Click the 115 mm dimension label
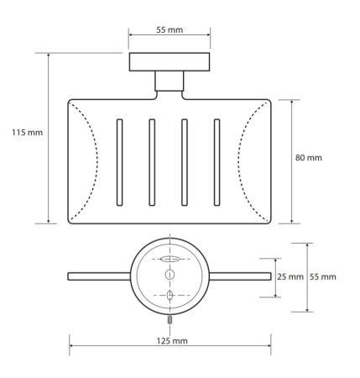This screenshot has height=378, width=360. (x=27, y=132)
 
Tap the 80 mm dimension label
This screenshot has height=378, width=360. (x=309, y=158)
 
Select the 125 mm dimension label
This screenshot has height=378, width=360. (x=172, y=341)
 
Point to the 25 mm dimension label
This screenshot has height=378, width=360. (x=290, y=276)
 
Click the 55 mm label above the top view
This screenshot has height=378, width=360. (x=170, y=29)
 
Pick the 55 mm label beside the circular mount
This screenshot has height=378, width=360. (x=322, y=276)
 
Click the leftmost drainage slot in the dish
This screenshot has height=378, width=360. (x=119, y=162)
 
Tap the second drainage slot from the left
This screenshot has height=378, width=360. (x=152, y=162)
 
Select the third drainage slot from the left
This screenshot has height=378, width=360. (x=185, y=162)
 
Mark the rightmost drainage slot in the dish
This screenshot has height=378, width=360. (x=217, y=162)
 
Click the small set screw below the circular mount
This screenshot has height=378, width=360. (x=170, y=319)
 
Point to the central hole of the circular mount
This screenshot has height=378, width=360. (x=170, y=275)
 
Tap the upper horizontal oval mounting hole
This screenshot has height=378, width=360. (x=170, y=259)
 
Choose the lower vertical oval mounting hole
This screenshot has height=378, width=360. (x=170, y=295)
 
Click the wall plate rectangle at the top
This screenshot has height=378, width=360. (x=170, y=62)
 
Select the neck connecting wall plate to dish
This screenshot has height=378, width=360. (x=170, y=81)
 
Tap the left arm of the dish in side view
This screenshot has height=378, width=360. (x=99, y=276)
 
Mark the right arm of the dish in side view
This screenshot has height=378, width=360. (x=240, y=276)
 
